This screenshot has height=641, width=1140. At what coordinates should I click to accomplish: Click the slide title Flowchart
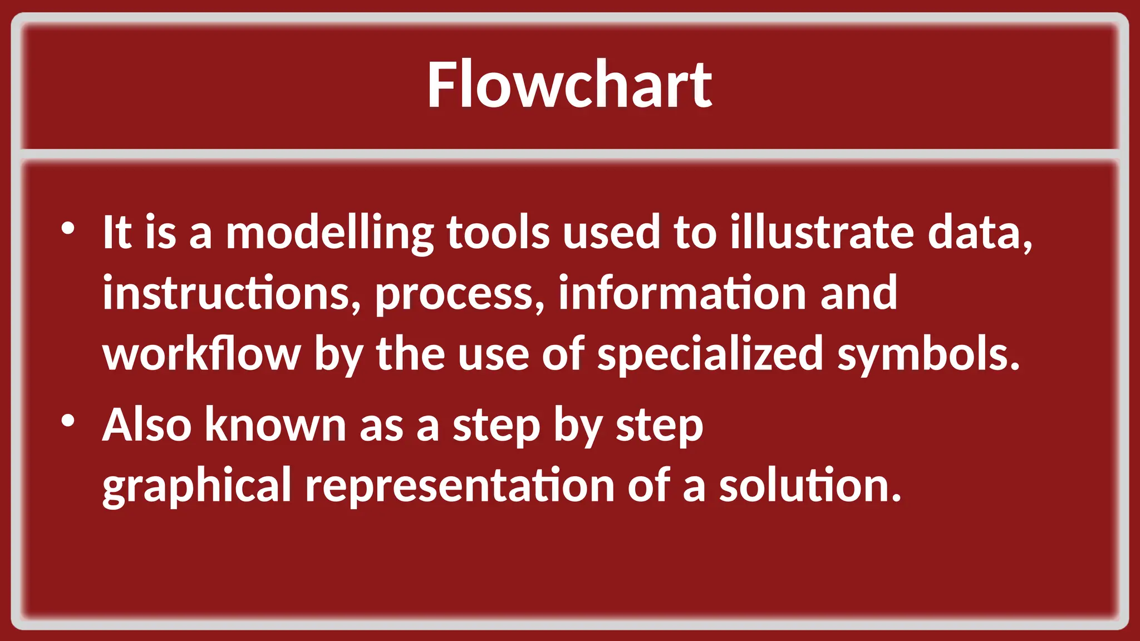point(569,85)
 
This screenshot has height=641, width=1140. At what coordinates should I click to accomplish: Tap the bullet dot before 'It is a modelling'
point(68,228)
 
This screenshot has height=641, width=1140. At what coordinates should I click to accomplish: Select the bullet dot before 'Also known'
point(68,421)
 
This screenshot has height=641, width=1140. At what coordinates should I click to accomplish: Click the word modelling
point(329,233)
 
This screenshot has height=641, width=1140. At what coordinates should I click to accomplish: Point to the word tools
point(498,233)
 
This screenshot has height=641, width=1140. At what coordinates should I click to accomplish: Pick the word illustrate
point(822,233)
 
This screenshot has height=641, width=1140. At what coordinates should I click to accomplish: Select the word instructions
point(232,293)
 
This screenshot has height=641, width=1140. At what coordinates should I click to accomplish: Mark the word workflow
point(202,354)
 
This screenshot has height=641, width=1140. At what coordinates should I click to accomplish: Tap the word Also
point(147,425)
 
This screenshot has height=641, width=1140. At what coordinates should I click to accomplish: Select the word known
point(276,425)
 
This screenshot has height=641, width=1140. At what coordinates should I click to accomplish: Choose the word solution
point(809,486)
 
